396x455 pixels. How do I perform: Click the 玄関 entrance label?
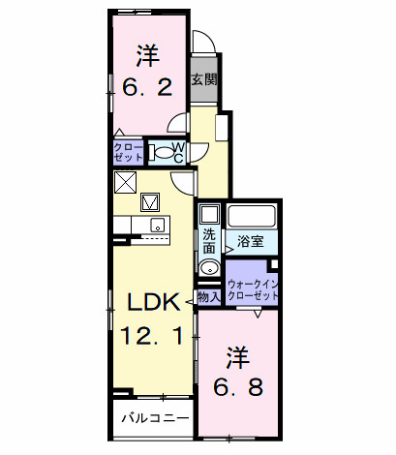[x=203, y=80]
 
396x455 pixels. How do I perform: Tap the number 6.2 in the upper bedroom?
[x=147, y=87]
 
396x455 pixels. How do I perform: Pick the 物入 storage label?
[x=207, y=296]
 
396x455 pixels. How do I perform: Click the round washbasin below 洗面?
[x=208, y=268]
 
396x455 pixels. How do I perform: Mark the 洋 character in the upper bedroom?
[x=147, y=53]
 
